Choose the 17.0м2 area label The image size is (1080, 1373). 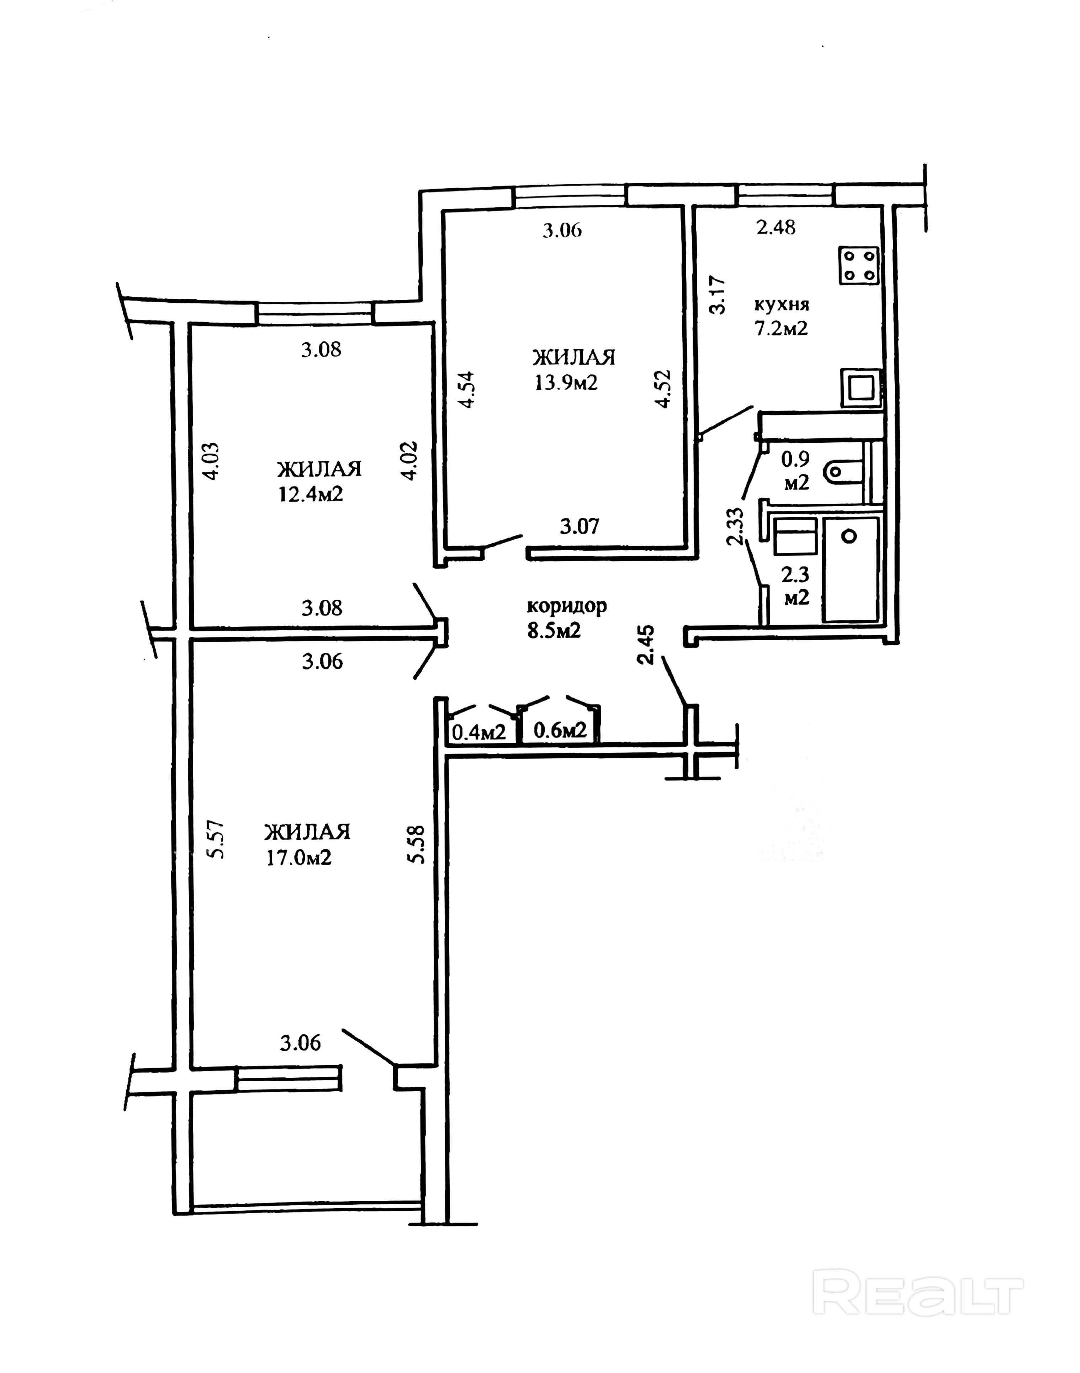click(x=299, y=858)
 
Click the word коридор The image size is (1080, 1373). click(x=567, y=606)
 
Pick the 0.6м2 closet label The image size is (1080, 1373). click(x=560, y=731)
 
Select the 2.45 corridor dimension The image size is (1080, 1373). click(x=646, y=645)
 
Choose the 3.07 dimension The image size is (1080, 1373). click(x=579, y=526)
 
